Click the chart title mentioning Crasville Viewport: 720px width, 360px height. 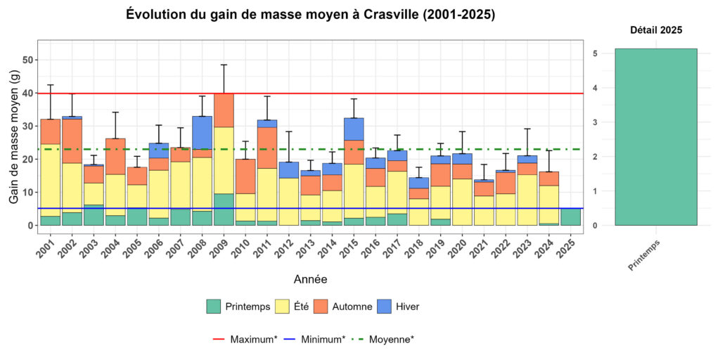tap(310, 15)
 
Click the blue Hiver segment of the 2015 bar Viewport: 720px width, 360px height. tap(354, 129)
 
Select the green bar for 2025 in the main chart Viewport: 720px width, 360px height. tap(572, 217)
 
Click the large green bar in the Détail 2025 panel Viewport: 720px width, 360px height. tap(655, 137)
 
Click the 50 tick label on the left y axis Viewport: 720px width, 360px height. tap(29, 60)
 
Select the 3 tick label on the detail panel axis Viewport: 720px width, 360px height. tap(595, 122)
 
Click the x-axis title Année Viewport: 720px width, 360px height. tap(310, 279)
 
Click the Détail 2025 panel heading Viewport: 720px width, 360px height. tap(655, 30)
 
